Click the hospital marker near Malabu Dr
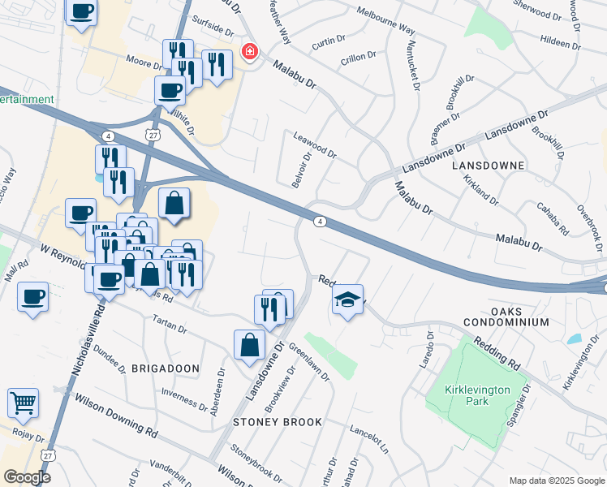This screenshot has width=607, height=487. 250,53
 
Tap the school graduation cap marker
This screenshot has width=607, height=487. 347,300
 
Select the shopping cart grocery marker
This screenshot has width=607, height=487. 23,403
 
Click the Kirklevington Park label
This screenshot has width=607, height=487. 478,395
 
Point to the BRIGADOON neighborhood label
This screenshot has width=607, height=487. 165,368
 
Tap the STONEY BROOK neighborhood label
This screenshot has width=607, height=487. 278,422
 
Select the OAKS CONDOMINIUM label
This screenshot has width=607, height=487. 519,317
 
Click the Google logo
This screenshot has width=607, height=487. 26,477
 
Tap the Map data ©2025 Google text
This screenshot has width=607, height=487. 556,481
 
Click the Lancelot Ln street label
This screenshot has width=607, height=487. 369,438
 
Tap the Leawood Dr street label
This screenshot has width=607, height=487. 314,145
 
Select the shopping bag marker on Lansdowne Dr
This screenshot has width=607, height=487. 249,344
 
